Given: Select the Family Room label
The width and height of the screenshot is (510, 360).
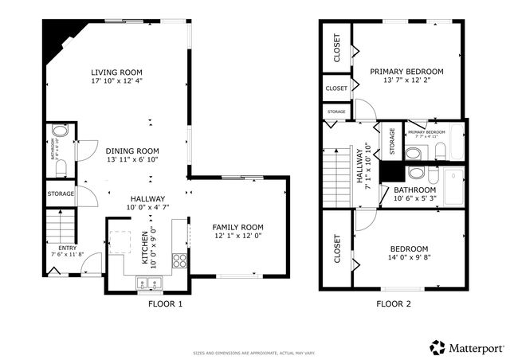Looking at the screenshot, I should pyautogui.click(x=236, y=227).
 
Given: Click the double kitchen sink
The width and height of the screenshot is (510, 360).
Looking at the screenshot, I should pyautogui.click(x=149, y=282).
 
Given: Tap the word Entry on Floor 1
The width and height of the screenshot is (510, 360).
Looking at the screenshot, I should pyautogui.click(x=68, y=248).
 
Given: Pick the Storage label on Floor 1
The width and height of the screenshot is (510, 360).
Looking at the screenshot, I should pyautogui.click(x=61, y=194).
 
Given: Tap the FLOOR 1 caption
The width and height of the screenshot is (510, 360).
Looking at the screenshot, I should pyautogui.click(x=166, y=303).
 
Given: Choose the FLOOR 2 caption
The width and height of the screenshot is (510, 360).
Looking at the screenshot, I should pyautogui.click(x=394, y=303).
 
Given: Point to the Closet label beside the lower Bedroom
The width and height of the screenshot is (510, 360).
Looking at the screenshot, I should pyautogui.click(x=337, y=248).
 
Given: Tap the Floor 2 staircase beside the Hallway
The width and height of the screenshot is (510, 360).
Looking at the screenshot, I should pyautogui.click(x=336, y=177).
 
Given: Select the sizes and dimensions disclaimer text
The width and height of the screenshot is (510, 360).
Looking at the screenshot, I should pyautogui.click(x=255, y=353).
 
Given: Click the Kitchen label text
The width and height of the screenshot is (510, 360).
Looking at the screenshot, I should pyautogui.click(x=144, y=249).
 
